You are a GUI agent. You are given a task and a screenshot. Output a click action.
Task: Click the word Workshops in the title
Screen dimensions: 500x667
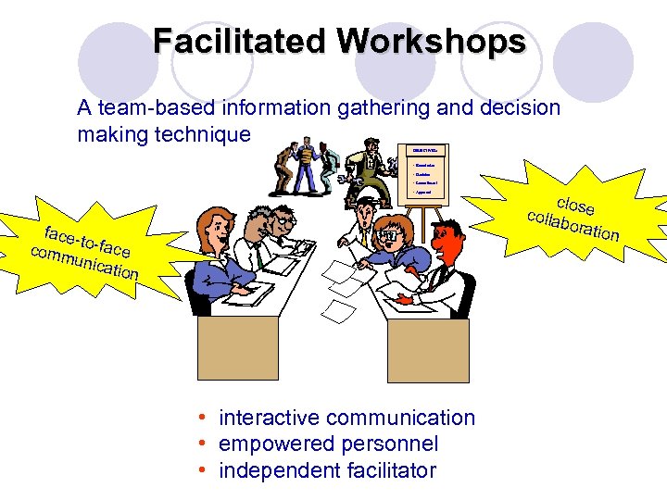[x=432, y=42]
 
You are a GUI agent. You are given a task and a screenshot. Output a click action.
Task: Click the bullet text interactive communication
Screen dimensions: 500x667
[x=346, y=418]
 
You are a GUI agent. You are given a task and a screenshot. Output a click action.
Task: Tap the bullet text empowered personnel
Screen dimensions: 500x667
[x=328, y=444]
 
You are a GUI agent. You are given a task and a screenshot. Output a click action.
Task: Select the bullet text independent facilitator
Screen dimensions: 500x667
[x=327, y=470]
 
